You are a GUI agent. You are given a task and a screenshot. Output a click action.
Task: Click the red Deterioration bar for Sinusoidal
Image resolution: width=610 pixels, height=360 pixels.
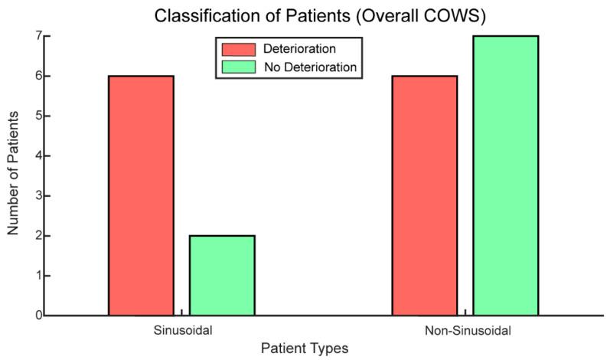pyautogui.click(x=141, y=195)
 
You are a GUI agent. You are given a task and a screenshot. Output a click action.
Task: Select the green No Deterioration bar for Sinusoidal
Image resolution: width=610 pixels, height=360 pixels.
pyautogui.click(x=222, y=275)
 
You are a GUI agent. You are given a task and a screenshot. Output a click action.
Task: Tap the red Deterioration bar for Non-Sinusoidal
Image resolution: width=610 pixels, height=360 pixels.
pyautogui.click(x=425, y=195)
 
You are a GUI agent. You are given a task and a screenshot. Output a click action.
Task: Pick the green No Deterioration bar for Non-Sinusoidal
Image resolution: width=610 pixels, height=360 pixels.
pyautogui.click(x=506, y=175)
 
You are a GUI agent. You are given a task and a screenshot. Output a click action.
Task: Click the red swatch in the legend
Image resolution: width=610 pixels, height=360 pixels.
pyautogui.click(x=238, y=50)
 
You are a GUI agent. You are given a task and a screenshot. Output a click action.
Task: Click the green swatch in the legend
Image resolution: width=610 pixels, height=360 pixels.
pyautogui.click(x=238, y=67)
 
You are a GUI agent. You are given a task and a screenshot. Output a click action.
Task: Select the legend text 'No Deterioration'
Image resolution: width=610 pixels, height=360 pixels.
pyautogui.click(x=309, y=67)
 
